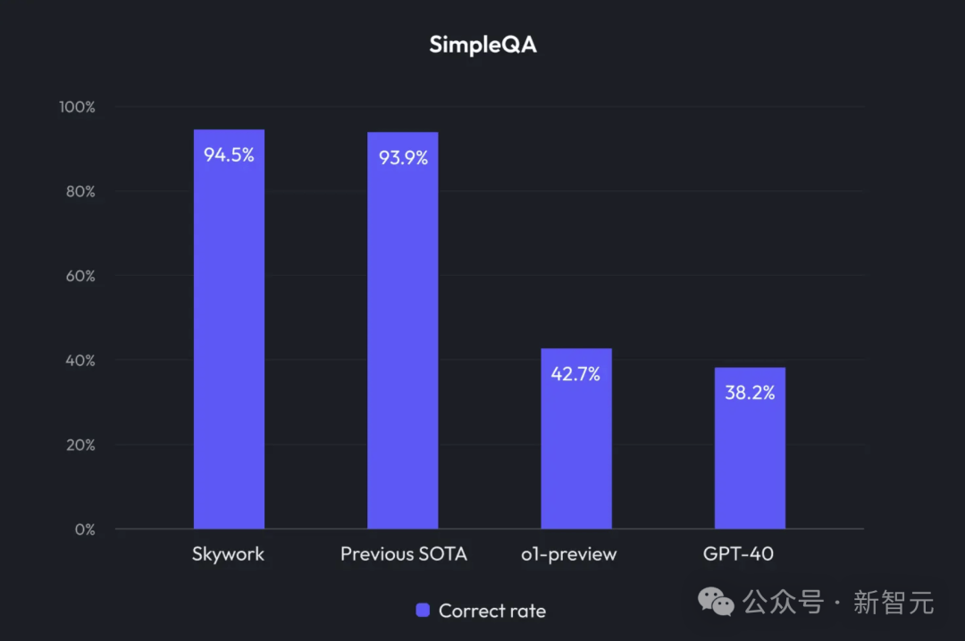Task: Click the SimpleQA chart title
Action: [x=482, y=44]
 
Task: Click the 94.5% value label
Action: [x=229, y=154]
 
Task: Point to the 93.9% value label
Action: [x=403, y=158]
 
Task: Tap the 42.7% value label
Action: [x=575, y=374]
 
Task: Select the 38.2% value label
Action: [x=750, y=393]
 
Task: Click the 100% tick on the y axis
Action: [x=77, y=107]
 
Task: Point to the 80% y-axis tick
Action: [x=79, y=191]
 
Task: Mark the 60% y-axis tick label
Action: [x=79, y=276]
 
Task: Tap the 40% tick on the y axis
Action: [x=79, y=361]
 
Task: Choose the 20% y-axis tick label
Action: [x=79, y=445]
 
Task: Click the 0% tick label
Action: [x=84, y=529]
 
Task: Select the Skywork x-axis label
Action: [x=228, y=554]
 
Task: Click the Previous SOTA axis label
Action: [x=403, y=554]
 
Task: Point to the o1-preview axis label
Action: [x=569, y=554]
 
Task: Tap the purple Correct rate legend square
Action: [x=424, y=611]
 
